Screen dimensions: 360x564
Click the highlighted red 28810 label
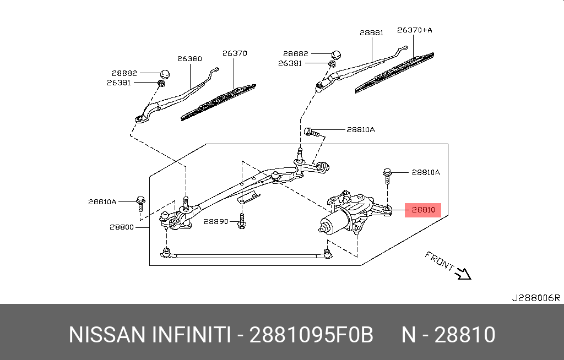[423, 210]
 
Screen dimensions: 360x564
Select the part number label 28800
[121, 226]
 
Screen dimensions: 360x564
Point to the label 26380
[189, 58]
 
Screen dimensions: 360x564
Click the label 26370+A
[415, 30]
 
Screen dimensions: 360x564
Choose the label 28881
[371, 33]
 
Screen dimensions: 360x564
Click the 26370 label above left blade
[235, 53]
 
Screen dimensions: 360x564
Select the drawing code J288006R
[535, 298]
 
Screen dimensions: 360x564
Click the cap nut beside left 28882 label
[164, 73]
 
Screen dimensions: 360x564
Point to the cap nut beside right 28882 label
[336, 53]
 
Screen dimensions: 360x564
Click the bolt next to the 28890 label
[241, 222]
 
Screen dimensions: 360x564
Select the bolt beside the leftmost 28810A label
[140, 203]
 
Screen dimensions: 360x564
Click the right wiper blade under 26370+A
[394, 72]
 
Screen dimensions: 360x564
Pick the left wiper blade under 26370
[219, 102]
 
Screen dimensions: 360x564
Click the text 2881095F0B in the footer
[311, 335]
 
